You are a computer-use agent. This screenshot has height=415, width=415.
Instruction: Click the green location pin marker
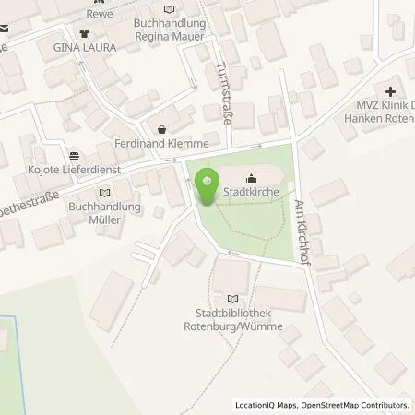pos(207,185)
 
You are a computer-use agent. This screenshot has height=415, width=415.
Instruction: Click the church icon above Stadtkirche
pos(251,180)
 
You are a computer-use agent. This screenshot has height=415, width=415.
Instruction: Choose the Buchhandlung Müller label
pos(105,213)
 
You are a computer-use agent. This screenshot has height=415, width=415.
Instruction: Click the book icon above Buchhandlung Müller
pos(104,193)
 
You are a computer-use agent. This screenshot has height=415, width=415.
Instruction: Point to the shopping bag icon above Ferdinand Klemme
pos(163,130)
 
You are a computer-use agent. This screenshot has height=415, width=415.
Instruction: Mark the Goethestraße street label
pos(33,187)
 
